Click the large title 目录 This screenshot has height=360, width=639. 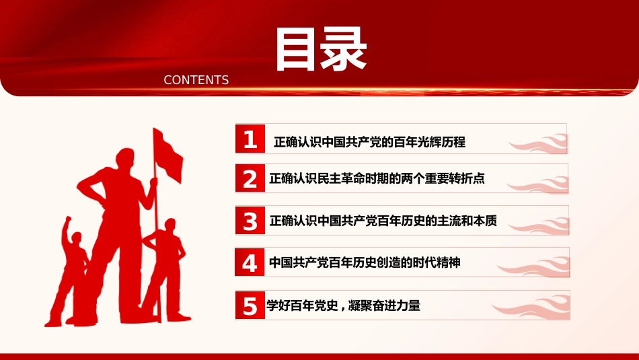coord(321,49)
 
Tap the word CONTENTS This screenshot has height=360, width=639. coord(196,80)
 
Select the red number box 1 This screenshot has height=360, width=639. coord(250,139)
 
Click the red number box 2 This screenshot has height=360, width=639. coord(250,178)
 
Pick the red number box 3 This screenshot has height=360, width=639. coord(250,220)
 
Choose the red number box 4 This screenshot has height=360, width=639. coord(250,262)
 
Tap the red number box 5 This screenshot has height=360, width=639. coord(250,305)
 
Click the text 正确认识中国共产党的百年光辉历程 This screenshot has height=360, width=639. coord(370,142)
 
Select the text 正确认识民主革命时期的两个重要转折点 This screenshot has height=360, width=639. coord(377,178)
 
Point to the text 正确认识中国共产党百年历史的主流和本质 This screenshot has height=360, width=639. coord(383,221)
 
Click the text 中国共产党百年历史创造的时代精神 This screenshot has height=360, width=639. coord(365,262)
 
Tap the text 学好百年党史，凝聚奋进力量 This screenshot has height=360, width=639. coord(343,305)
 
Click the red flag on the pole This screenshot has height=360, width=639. coord(168,155)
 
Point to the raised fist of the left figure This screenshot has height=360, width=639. coord(68,219)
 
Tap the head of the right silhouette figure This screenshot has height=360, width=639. coord(170,225)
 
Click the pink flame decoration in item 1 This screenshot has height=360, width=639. coord(538,143)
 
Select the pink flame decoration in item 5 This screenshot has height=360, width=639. coord(531,308)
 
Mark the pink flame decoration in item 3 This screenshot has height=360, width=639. coord(539,226)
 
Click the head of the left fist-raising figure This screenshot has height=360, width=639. coord(76,238)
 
